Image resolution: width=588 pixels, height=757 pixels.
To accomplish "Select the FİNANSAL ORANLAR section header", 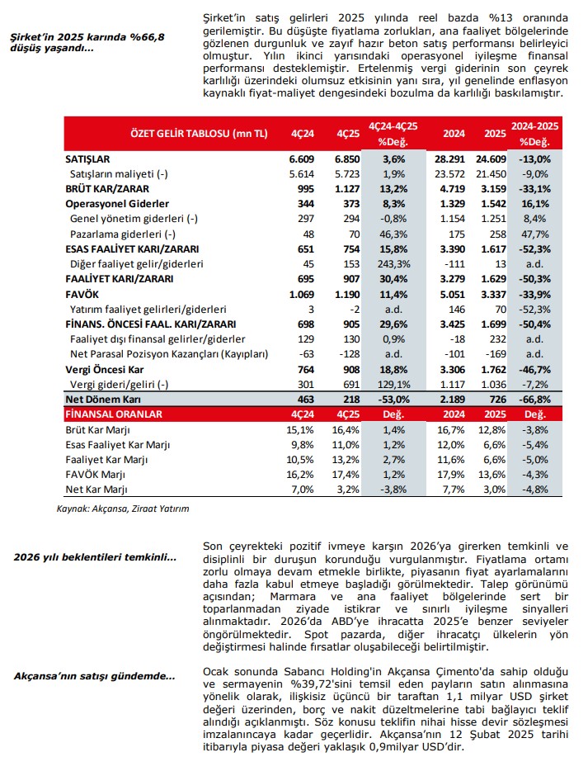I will tap(114, 414).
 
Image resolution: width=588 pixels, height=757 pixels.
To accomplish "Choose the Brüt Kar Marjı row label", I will tap(96, 429).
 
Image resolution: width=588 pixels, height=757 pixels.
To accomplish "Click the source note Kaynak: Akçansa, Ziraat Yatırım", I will tap(123, 509).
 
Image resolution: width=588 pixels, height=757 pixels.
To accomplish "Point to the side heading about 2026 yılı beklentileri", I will tap(95, 557).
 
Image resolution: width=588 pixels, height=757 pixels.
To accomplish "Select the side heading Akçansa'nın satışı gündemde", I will tap(95, 677).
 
